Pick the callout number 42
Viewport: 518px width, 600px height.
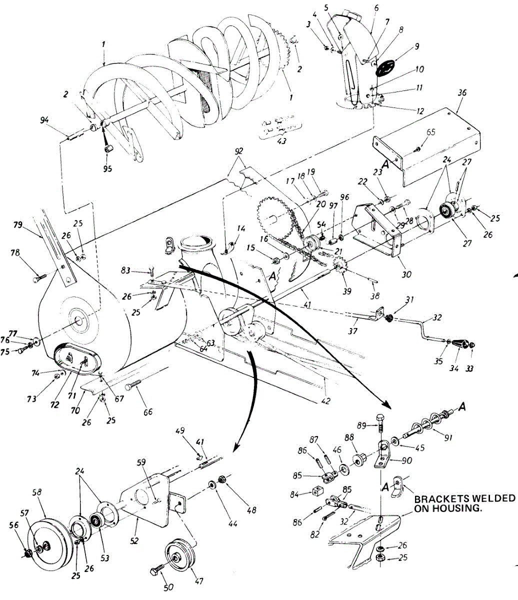coord(326,400)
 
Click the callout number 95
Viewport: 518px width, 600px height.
coord(108,168)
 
